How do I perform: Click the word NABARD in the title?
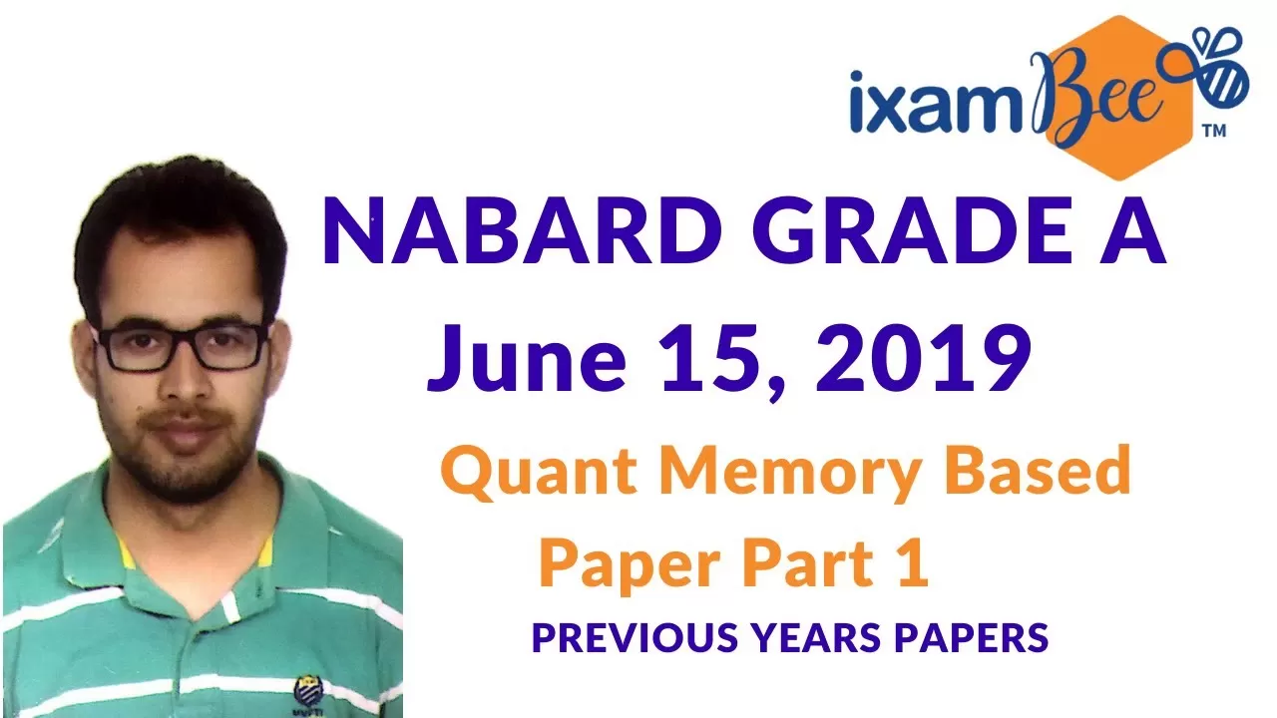tap(522, 231)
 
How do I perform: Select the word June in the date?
tap(526, 358)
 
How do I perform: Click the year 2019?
tap(923, 357)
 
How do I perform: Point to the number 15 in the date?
tap(715, 358)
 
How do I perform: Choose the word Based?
tap(1039, 469)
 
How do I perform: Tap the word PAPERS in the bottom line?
tap(972, 637)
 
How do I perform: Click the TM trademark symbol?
tap(1214, 131)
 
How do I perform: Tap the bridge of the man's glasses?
tap(182, 336)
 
